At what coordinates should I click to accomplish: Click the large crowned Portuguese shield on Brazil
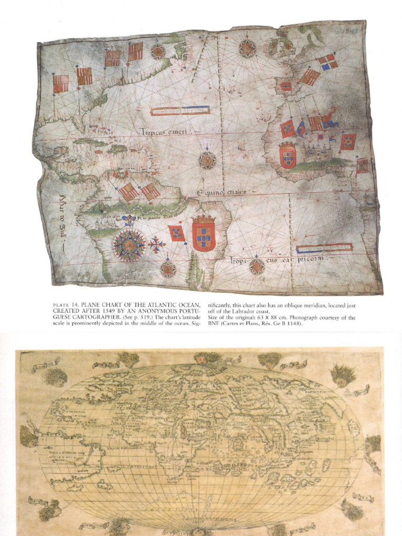(204, 234)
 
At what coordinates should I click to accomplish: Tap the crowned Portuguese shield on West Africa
(287, 156)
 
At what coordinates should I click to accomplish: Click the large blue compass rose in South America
(129, 245)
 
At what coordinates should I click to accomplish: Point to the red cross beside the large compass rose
(156, 244)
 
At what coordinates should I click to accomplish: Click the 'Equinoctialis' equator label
(221, 194)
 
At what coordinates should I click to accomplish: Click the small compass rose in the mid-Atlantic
(207, 160)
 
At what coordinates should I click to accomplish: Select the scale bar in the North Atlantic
(180, 110)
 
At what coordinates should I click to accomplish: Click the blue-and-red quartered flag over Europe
(328, 62)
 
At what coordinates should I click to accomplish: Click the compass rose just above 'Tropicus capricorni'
(256, 266)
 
